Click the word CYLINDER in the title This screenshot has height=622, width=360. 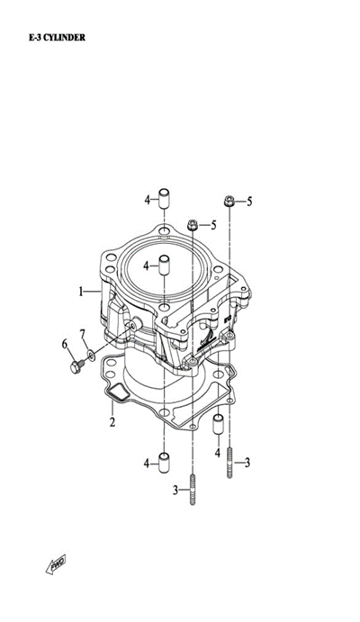pyautogui.click(x=64, y=38)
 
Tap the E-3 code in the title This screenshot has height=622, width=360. pyautogui.click(x=34, y=38)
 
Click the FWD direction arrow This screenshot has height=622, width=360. pyautogui.click(x=56, y=563)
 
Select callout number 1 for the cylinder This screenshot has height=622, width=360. pyautogui.click(x=81, y=293)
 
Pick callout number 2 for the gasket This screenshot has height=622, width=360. pyautogui.click(x=112, y=421)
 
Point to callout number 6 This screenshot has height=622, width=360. pyautogui.click(x=65, y=345)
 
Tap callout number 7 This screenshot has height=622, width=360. pyautogui.click(x=83, y=334)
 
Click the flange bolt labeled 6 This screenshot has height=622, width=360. pyautogui.click(x=76, y=366)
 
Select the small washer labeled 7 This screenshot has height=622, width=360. pyautogui.click(x=91, y=355)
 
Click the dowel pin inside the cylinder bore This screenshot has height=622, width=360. pyautogui.click(x=164, y=266)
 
